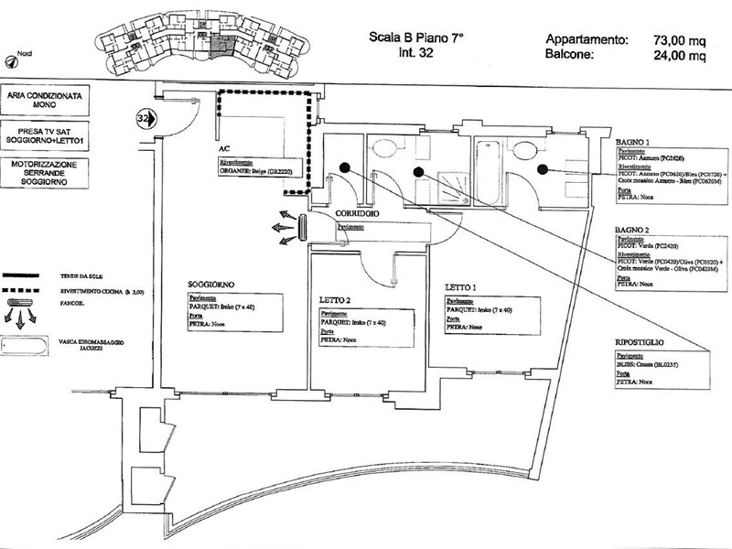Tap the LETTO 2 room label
pos(336,299)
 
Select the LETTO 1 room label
pos(461,286)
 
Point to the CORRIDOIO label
pos(336,214)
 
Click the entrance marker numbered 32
pos(143,117)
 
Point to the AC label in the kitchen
pos(223,146)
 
